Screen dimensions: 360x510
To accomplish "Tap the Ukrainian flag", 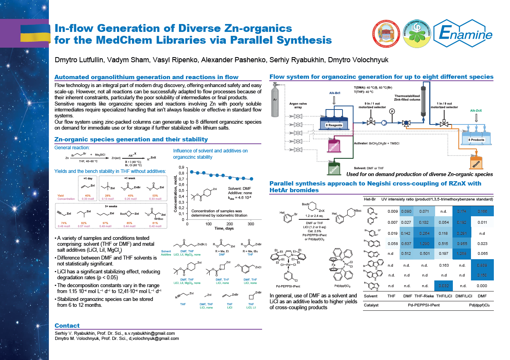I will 35,32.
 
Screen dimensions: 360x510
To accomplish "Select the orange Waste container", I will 476,161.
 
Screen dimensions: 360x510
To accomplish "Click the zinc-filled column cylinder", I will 424,100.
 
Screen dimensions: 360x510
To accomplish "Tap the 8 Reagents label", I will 333,125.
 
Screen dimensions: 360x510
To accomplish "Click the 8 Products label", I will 476,140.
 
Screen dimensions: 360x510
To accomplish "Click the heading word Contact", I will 67,325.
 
